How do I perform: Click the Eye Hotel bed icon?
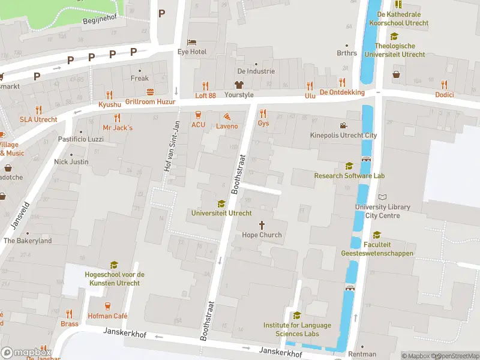(191, 42)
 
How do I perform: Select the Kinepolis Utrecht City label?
(343, 136)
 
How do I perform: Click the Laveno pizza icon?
(227, 116)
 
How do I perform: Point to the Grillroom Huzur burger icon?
(149, 92)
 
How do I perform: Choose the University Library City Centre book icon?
(383, 197)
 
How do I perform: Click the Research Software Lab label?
(349, 176)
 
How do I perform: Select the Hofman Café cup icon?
(109, 306)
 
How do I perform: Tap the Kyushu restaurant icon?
(109, 94)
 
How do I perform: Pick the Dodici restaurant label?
(445, 95)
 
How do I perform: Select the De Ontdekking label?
(342, 92)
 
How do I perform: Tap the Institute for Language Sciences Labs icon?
(297, 315)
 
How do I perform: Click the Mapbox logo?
(26, 353)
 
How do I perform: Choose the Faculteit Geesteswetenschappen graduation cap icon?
(377, 235)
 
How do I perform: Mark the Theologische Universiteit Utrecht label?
(394, 50)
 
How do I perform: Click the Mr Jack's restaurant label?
(118, 128)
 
